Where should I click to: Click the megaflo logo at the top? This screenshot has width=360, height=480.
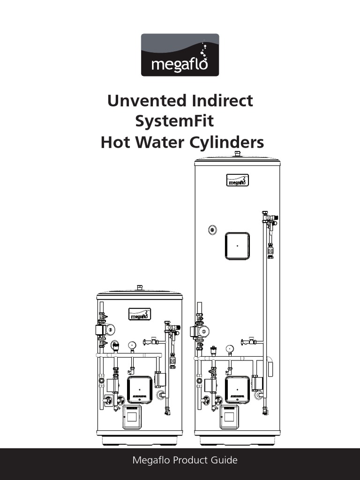180,55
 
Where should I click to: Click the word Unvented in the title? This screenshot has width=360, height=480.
147,100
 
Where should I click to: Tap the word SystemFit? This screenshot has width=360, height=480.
174,121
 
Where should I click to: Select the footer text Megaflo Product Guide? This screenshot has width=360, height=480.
185,460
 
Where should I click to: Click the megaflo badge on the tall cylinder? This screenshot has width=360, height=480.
238,180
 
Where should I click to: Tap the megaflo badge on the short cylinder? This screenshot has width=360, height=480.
140,314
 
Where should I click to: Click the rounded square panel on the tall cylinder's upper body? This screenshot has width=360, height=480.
237,246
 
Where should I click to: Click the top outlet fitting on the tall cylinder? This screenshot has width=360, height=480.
238,154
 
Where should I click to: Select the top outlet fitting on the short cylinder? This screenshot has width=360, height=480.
140,288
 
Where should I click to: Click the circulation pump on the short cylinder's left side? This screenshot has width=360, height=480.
105,330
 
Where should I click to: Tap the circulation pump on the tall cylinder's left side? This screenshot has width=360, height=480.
200,331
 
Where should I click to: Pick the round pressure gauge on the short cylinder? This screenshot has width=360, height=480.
132,345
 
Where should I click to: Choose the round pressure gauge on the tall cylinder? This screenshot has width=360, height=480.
230,349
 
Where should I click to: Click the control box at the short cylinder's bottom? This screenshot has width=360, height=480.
132,417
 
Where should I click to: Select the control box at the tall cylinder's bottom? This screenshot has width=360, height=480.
230,417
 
